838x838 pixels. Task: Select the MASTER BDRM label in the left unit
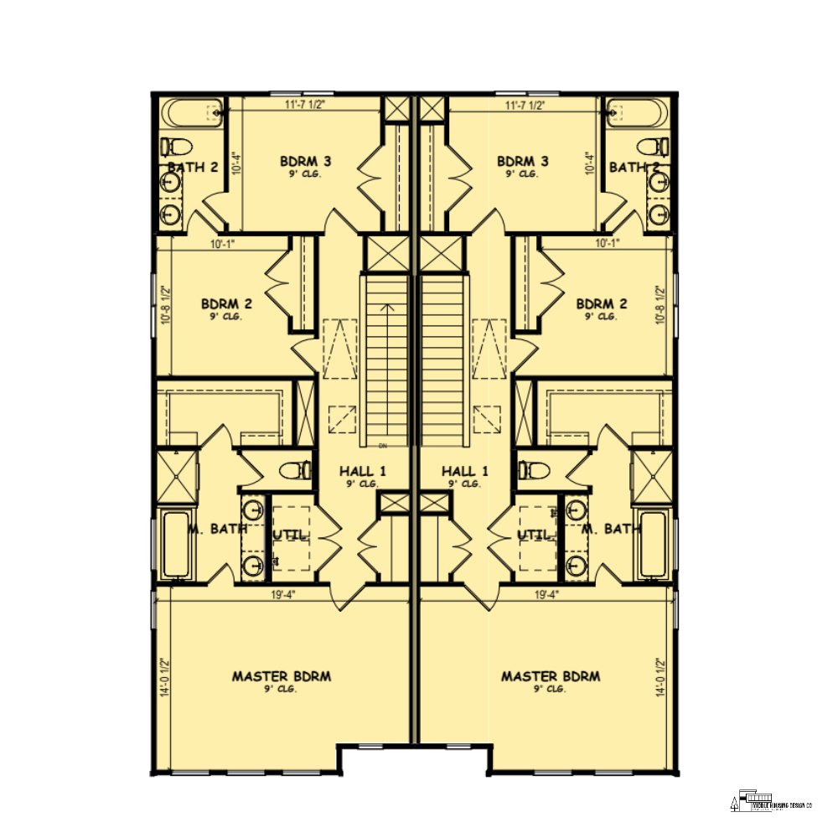[281, 676]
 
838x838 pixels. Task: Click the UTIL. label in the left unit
[290, 534]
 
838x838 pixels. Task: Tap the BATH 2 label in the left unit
[193, 168]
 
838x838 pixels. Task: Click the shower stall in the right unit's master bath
[651, 476]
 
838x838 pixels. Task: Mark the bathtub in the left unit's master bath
[175, 546]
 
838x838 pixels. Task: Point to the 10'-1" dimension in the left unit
[223, 245]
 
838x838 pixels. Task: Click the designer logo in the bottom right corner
[773, 802]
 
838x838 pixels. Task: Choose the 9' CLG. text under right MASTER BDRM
[551, 689]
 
